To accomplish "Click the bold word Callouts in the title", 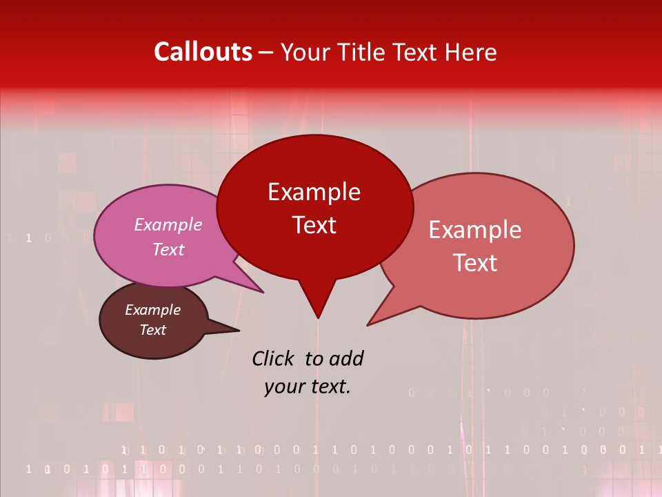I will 203,52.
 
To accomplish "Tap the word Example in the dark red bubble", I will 314,192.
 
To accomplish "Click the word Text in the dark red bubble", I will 314,225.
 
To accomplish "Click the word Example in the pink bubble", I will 168,224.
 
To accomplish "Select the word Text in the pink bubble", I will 168,249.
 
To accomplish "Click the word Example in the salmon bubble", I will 474,230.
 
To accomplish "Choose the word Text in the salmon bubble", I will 474,263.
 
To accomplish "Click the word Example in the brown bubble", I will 152,310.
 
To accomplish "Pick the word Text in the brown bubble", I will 152,330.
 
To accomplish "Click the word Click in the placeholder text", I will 274,358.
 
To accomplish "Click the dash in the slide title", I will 266,52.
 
